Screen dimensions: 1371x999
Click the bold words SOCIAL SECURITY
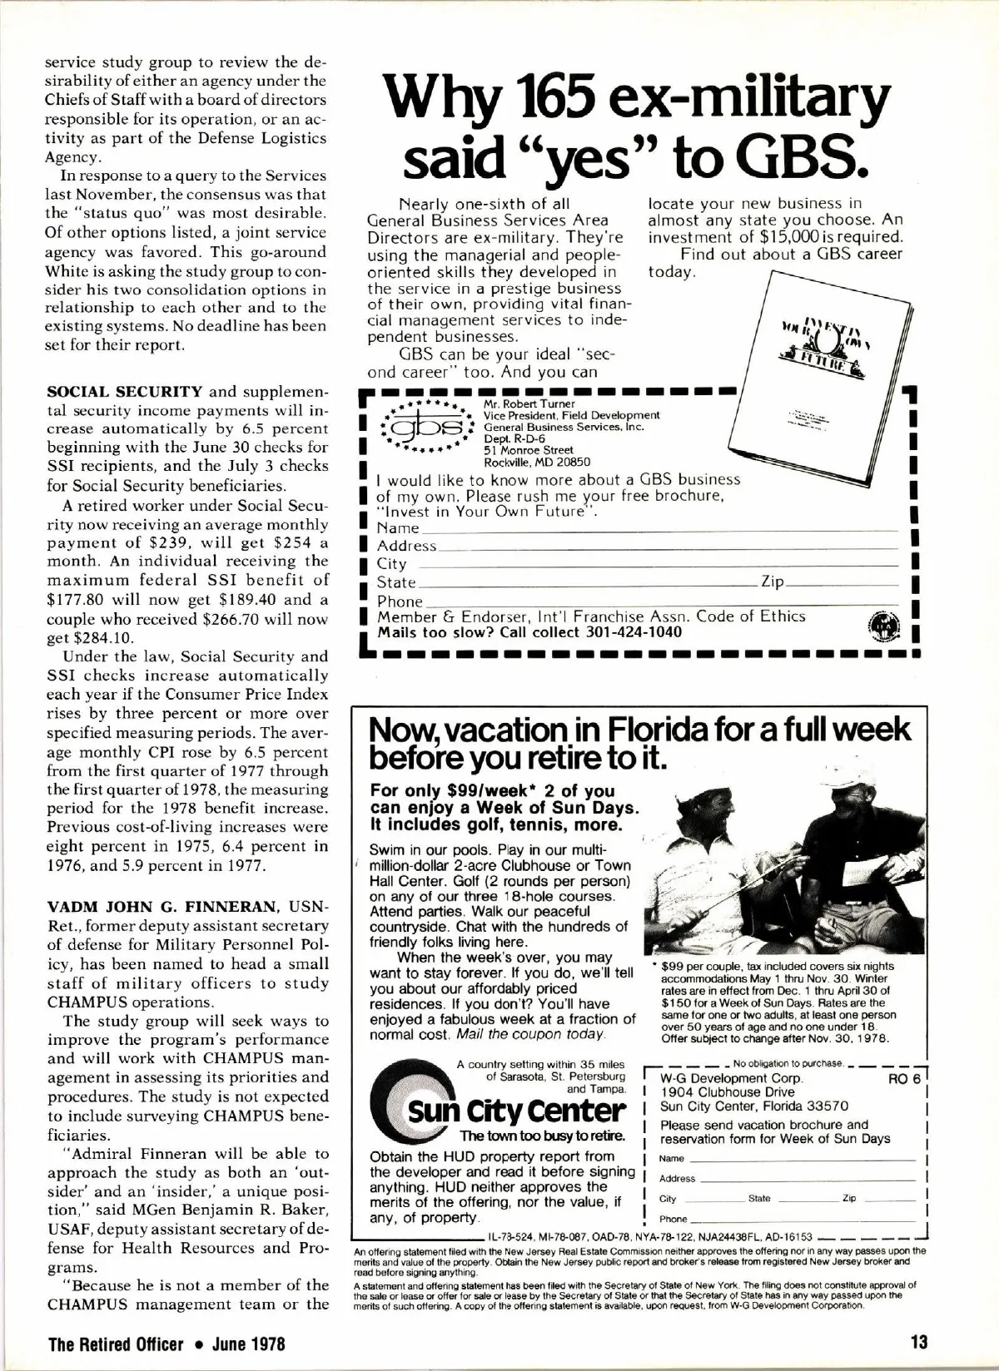125,392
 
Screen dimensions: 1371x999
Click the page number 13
919,1342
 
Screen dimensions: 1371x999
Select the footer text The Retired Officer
115,1343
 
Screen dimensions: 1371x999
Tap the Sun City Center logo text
516,1111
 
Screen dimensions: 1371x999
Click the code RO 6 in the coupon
904,1079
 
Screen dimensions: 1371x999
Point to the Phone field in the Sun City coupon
799,1219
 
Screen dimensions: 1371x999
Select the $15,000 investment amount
798,236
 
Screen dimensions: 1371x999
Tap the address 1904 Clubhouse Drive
727,1092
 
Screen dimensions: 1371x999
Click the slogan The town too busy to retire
542,1136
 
